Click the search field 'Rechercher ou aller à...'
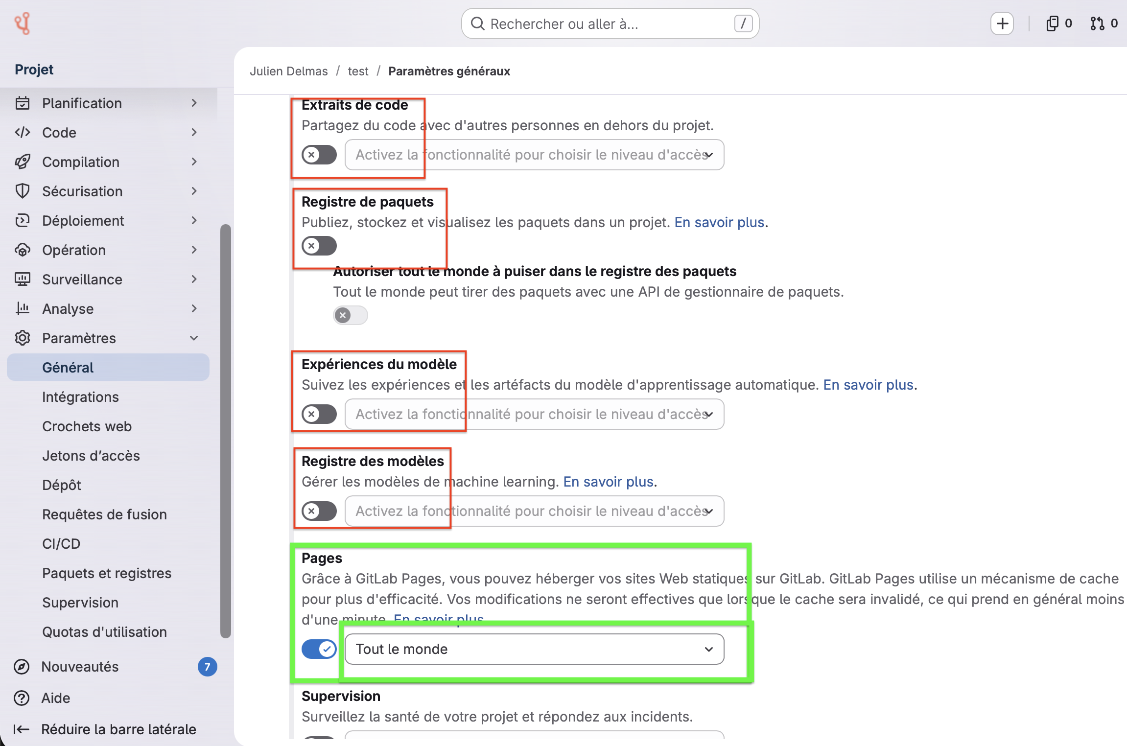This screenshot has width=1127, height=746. tap(610, 23)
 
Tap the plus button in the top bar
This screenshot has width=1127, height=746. tap(1002, 23)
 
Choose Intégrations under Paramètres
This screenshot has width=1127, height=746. tap(80, 397)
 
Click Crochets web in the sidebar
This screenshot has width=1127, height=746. tap(87, 426)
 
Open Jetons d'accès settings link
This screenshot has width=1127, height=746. tap(91, 456)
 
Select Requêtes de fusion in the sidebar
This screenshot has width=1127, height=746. tap(104, 514)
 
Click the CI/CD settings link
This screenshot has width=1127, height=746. tap(61, 544)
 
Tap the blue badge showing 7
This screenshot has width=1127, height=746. tap(208, 667)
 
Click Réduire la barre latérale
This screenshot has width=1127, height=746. tap(105, 729)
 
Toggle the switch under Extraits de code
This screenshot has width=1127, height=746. tap(319, 155)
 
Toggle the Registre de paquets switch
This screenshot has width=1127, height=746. tap(319, 246)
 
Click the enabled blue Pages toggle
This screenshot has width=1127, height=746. tap(319, 649)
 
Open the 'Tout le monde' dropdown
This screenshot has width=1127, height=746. tap(535, 649)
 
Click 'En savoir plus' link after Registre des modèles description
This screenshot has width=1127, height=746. tap(609, 482)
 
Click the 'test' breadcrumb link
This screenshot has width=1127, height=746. tap(358, 71)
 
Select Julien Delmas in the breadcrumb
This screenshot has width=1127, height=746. tap(289, 71)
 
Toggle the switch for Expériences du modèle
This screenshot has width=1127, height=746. tap(319, 414)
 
